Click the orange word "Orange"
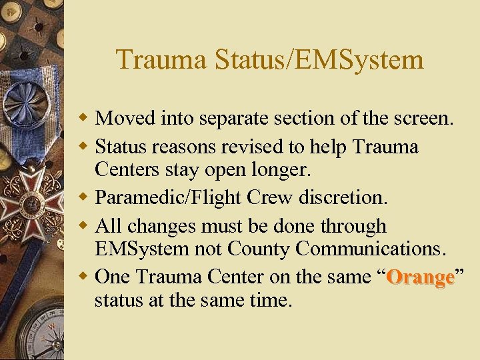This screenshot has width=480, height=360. pos(421,277)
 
